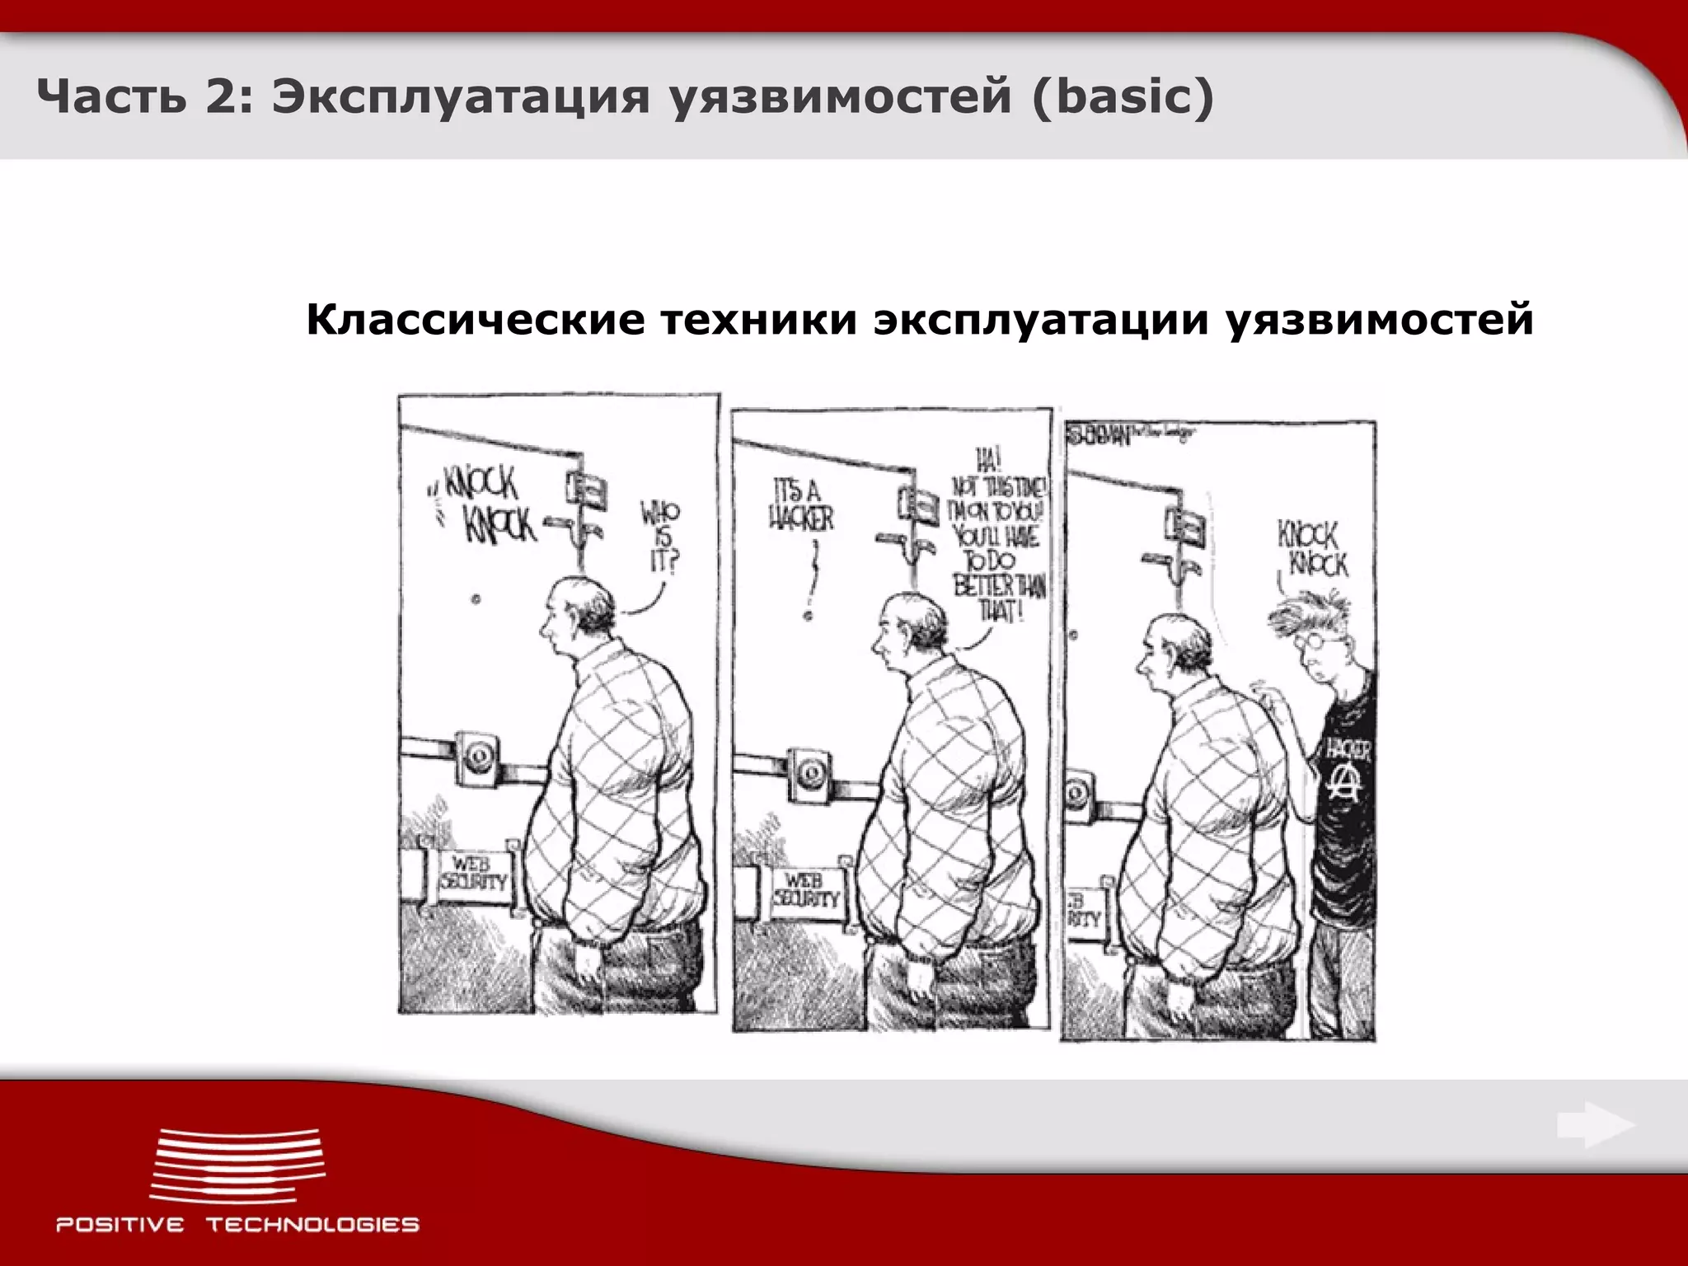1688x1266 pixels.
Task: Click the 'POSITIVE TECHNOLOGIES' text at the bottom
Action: click(237, 1225)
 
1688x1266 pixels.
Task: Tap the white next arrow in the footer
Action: click(1596, 1126)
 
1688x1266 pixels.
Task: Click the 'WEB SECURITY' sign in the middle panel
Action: click(805, 889)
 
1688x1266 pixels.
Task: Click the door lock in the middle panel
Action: click(810, 771)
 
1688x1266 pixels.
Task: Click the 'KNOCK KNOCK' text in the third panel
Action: click(1313, 550)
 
